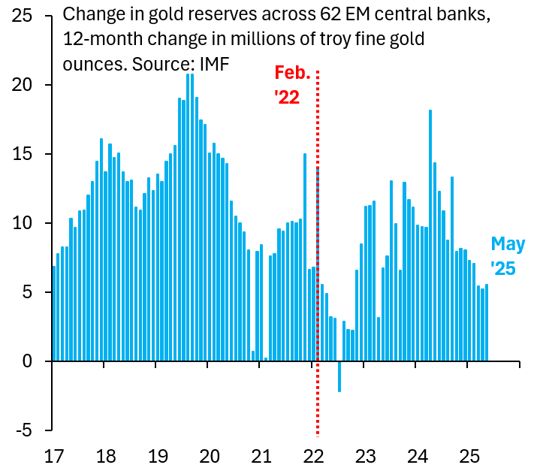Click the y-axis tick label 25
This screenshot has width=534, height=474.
click(x=22, y=17)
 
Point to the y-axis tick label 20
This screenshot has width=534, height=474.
click(x=22, y=86)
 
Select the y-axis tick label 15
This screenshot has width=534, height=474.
click(x=22, y=155)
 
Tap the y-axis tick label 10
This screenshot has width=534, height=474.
click(x=22, y=224)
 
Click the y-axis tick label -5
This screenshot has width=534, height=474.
click(x=24, y=430)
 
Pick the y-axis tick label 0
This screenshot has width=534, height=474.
click(x=27, y=361)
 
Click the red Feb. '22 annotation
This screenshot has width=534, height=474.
click(x=291, y=85)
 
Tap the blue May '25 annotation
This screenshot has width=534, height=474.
click(x=508, y=256)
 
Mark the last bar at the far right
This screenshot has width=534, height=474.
click(x=487, y=323)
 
